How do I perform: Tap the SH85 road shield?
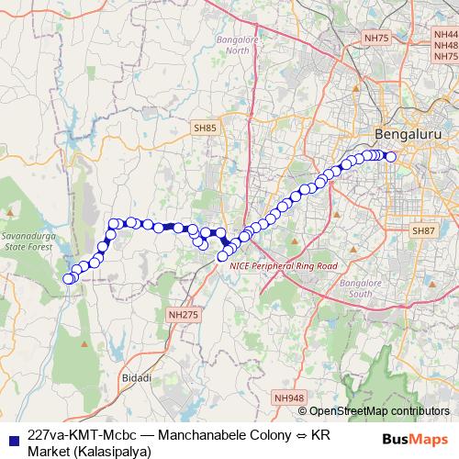coord(204,128)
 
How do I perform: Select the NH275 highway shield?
coord(183,315)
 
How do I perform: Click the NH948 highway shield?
coord(288,397)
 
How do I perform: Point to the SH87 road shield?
coord(422,230)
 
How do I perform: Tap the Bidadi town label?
coord(135,377)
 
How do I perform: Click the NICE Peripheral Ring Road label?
coord(284,265)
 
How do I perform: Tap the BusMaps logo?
coord(414,439)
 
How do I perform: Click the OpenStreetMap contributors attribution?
coord(378,411)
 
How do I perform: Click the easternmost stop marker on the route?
coord(391,157)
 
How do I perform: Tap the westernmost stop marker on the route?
coord(66,279)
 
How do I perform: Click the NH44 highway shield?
coord(446,31)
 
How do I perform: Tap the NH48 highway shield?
coord(446,44)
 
